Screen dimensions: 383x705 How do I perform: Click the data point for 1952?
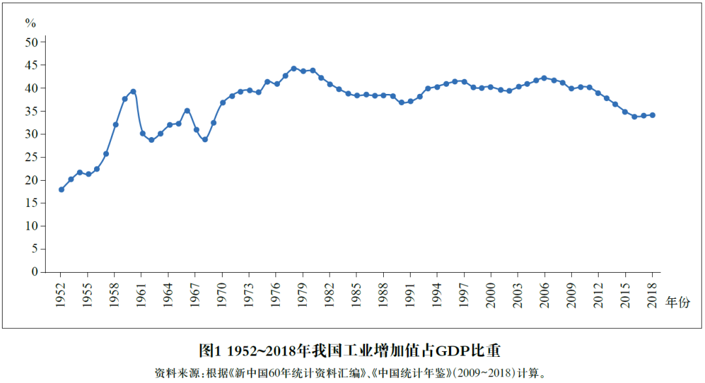point(61,189)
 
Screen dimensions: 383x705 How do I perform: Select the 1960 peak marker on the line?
point(133,91)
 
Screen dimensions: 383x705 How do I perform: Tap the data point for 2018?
point(652,115)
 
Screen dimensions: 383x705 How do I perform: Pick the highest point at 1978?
point(294,68)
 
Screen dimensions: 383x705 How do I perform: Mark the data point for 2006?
point(544,78)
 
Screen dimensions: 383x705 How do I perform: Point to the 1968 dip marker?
point(205,139)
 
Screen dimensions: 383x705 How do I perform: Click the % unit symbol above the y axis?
point(31,23)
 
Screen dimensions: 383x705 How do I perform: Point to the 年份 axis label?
point(677,302)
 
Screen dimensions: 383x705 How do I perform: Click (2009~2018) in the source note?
point(482,373)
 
